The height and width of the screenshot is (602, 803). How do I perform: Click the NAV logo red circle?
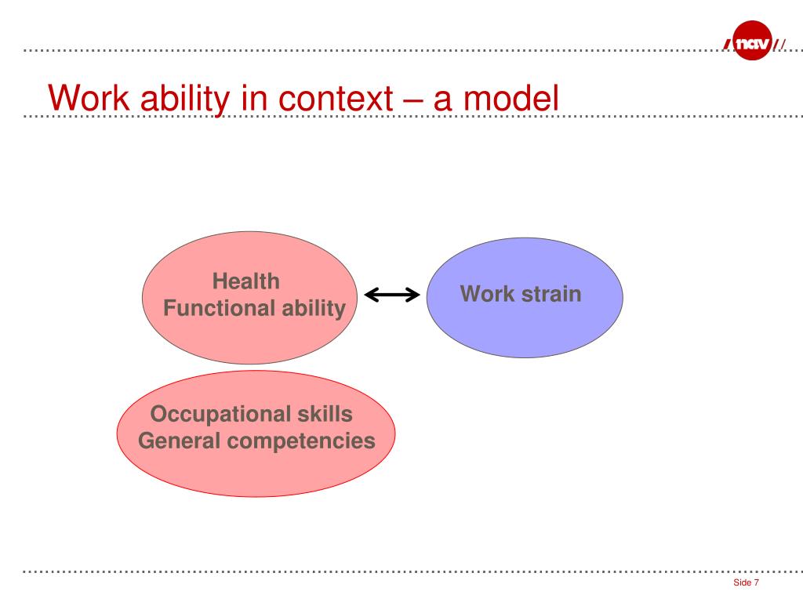coord(752,41)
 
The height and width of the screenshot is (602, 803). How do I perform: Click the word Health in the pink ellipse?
coord(246,281)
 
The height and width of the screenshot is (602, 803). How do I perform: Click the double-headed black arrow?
coord(392,295)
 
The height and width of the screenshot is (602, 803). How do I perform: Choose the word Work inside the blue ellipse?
coord(484,295)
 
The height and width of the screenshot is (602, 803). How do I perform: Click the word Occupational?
coord(209,414)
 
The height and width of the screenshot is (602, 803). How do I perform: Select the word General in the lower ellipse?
coord(179,441)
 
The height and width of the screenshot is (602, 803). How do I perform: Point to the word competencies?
coord(302,441)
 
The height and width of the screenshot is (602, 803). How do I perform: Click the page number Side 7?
coord(747,583)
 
